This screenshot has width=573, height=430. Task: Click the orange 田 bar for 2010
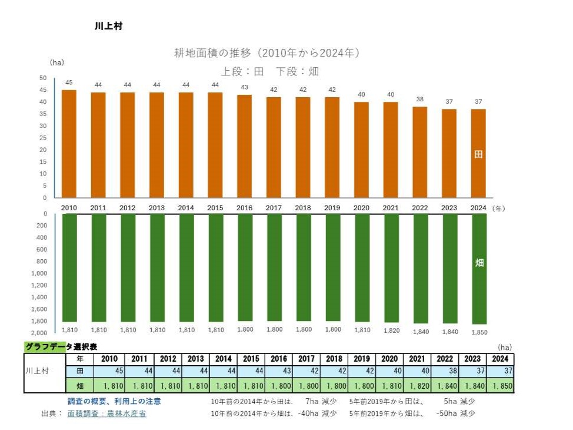(69, 144)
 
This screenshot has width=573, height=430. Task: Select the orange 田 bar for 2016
(245, 146)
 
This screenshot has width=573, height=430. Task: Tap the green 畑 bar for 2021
(391, 268)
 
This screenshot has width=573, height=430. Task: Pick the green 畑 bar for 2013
(157, 267)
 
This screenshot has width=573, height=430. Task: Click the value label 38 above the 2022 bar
(421, 99)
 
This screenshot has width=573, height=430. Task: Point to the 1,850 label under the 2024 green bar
(479, 332)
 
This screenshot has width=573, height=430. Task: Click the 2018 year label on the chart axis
(303, 208)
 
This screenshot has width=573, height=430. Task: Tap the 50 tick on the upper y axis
(42, 78)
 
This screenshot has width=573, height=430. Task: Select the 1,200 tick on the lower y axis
(39, 285)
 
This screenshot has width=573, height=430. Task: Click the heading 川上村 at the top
(108, 27)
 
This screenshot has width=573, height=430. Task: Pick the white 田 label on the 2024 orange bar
(479, 154)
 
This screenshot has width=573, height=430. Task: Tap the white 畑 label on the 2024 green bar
(479, 263)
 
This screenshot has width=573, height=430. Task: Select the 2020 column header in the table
(389, 359)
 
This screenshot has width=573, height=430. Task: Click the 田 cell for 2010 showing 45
(110, 372)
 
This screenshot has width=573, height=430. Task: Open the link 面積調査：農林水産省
(106, 414)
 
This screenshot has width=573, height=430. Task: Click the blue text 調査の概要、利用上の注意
(114, 401)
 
